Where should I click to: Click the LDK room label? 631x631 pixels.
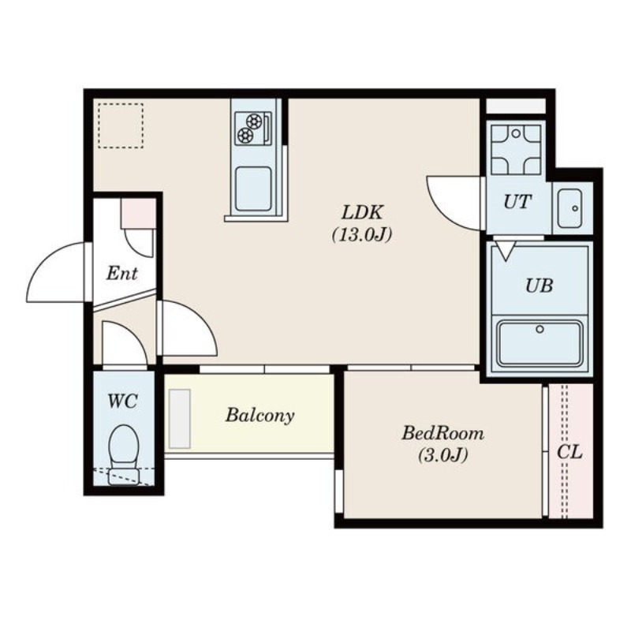(362, 212)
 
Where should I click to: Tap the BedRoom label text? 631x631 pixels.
(442, 433)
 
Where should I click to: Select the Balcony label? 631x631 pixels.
(260, 416)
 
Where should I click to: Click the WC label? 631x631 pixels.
(123, 401)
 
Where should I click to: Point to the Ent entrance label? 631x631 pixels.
(122, 274)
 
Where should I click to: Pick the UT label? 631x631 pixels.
(517, 202)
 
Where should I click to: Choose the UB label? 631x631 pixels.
(539, 286)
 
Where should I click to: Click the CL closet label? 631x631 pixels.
(569, 452)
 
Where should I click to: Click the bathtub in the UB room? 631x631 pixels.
(540, 343)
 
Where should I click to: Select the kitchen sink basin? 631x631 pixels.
(253, 189)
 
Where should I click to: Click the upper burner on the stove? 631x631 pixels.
(255, 121)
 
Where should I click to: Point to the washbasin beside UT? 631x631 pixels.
(569, 208)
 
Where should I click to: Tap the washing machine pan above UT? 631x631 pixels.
(516, 149)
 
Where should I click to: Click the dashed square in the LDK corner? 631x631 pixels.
(121, 125)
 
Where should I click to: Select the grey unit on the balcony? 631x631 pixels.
(180, 419)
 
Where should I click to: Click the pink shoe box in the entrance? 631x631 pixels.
(139, 213)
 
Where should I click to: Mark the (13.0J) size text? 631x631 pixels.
(362, 234)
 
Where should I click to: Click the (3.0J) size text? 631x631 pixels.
(442, 456)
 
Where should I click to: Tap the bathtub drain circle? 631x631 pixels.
(540, 329)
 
